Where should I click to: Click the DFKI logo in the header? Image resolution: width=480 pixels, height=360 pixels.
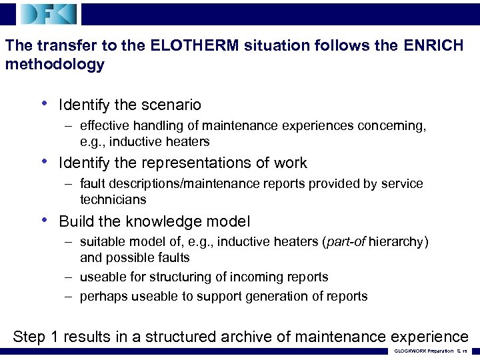(x=49, y=13)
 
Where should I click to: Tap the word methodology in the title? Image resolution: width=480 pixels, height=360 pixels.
(x=55, y=65)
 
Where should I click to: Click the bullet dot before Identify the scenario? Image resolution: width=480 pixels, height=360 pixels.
(x=44, y=104)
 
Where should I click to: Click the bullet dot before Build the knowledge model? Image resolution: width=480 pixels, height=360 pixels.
(x=44, y=221)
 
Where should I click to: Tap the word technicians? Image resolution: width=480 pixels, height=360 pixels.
(x=113, y=199)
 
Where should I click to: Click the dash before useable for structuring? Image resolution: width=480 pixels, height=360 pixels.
(x=69, y=277)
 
